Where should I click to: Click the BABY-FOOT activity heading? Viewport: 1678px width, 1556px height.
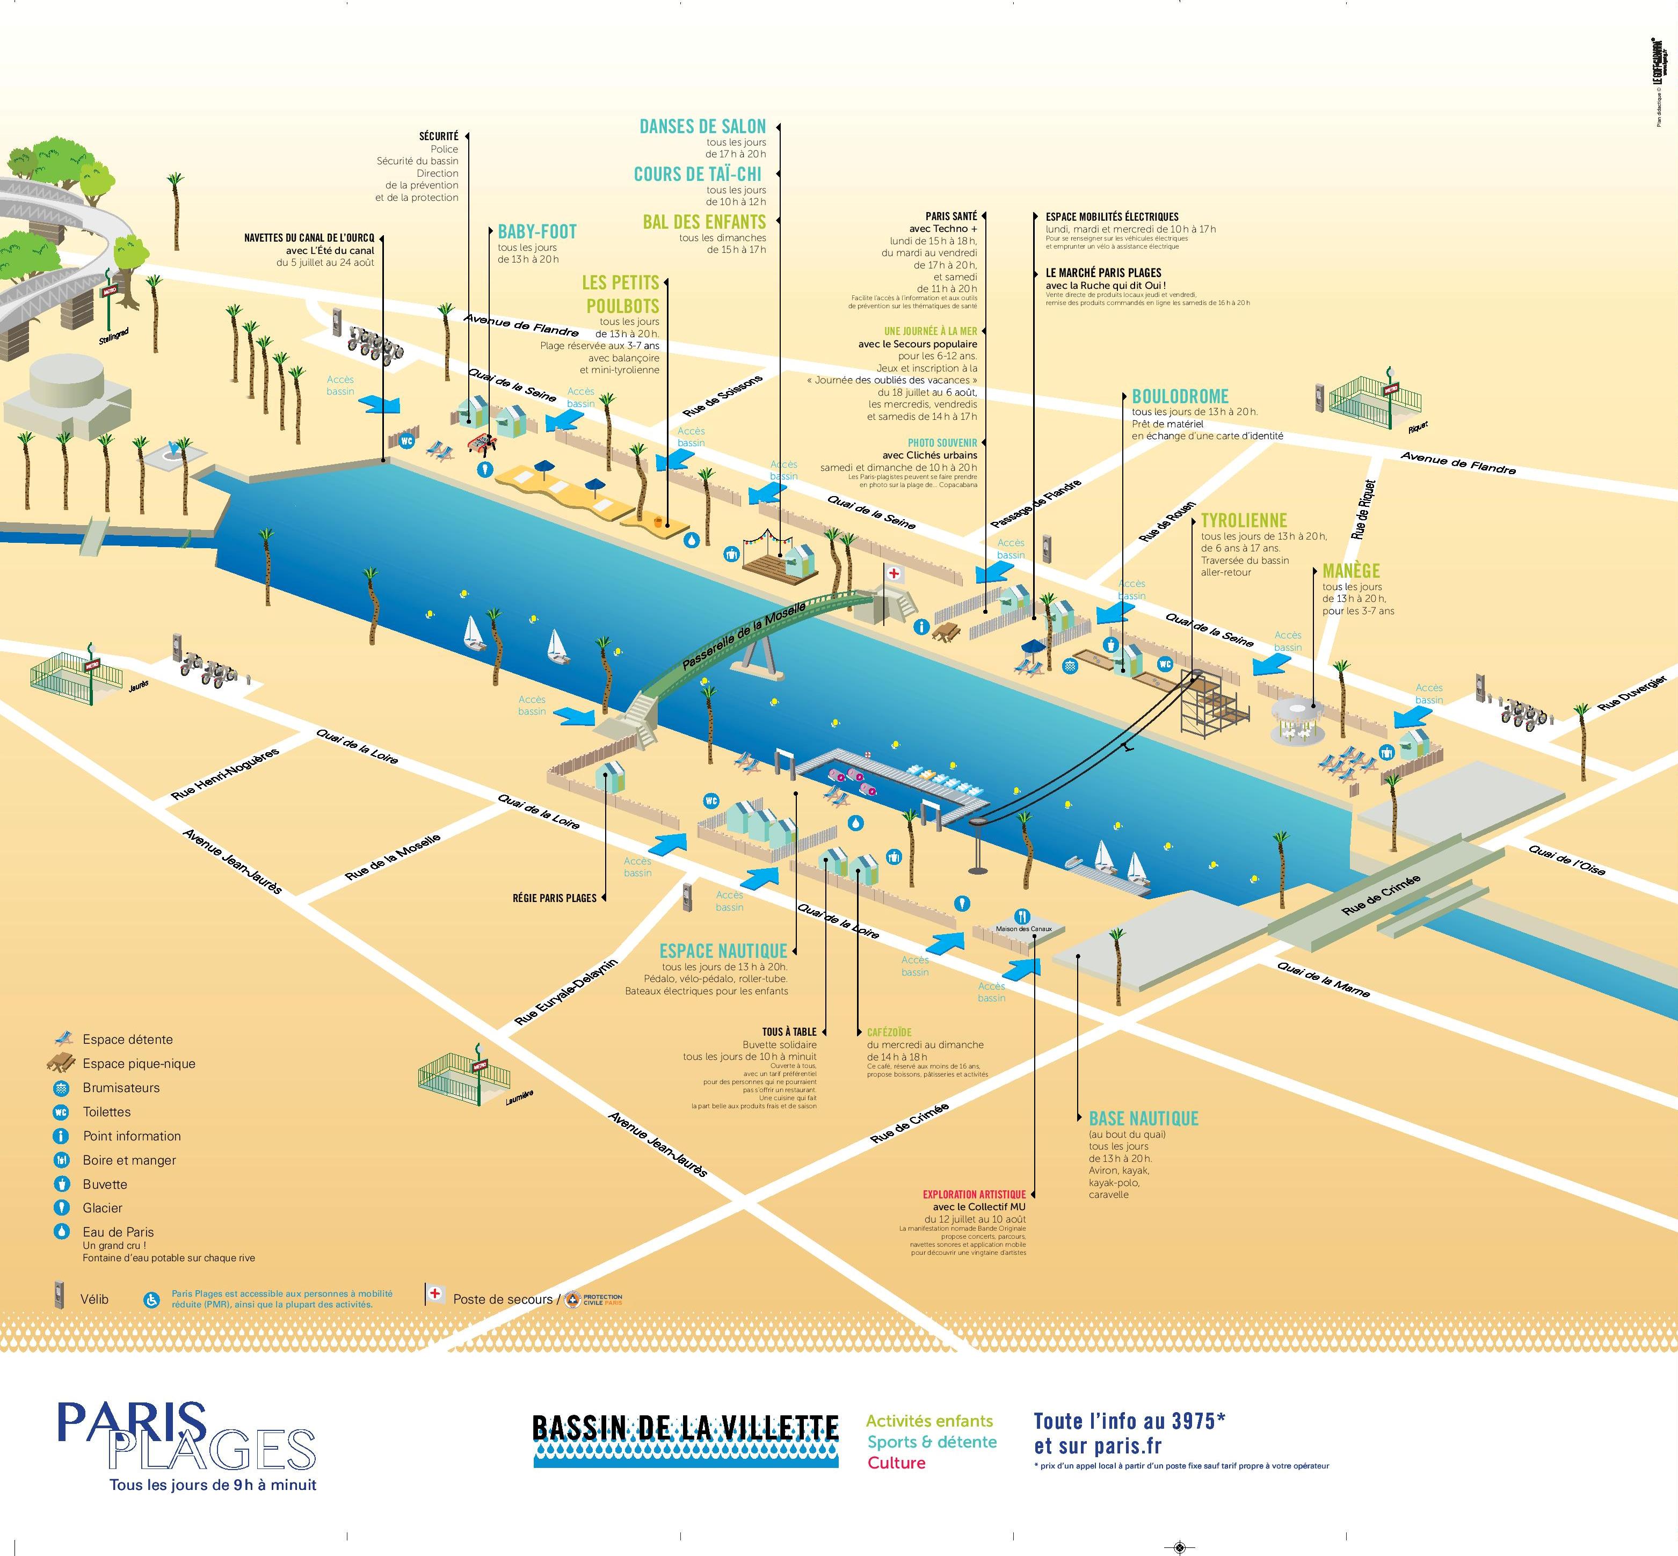click(537, 231)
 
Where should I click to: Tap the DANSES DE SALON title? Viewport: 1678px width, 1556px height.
click(702, 126)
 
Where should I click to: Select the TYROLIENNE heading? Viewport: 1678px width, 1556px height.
click(1244, 520)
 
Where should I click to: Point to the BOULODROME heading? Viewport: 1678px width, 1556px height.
click(1180, 396)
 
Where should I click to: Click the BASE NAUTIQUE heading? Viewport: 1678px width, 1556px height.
click(1143, 1118)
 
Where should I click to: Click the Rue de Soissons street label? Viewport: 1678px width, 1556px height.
click(722, 396)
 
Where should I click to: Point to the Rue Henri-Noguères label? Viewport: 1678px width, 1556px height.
click(225, 773)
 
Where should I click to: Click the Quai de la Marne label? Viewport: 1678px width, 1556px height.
click(1323, 979)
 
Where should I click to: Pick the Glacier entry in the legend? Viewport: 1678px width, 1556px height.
click(103, 1208)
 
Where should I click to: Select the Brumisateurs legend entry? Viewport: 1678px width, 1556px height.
click(120, 1087)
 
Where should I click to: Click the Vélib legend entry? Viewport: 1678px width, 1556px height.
click(93, 1298)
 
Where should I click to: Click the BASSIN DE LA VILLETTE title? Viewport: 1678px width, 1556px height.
click(685, 1427)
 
